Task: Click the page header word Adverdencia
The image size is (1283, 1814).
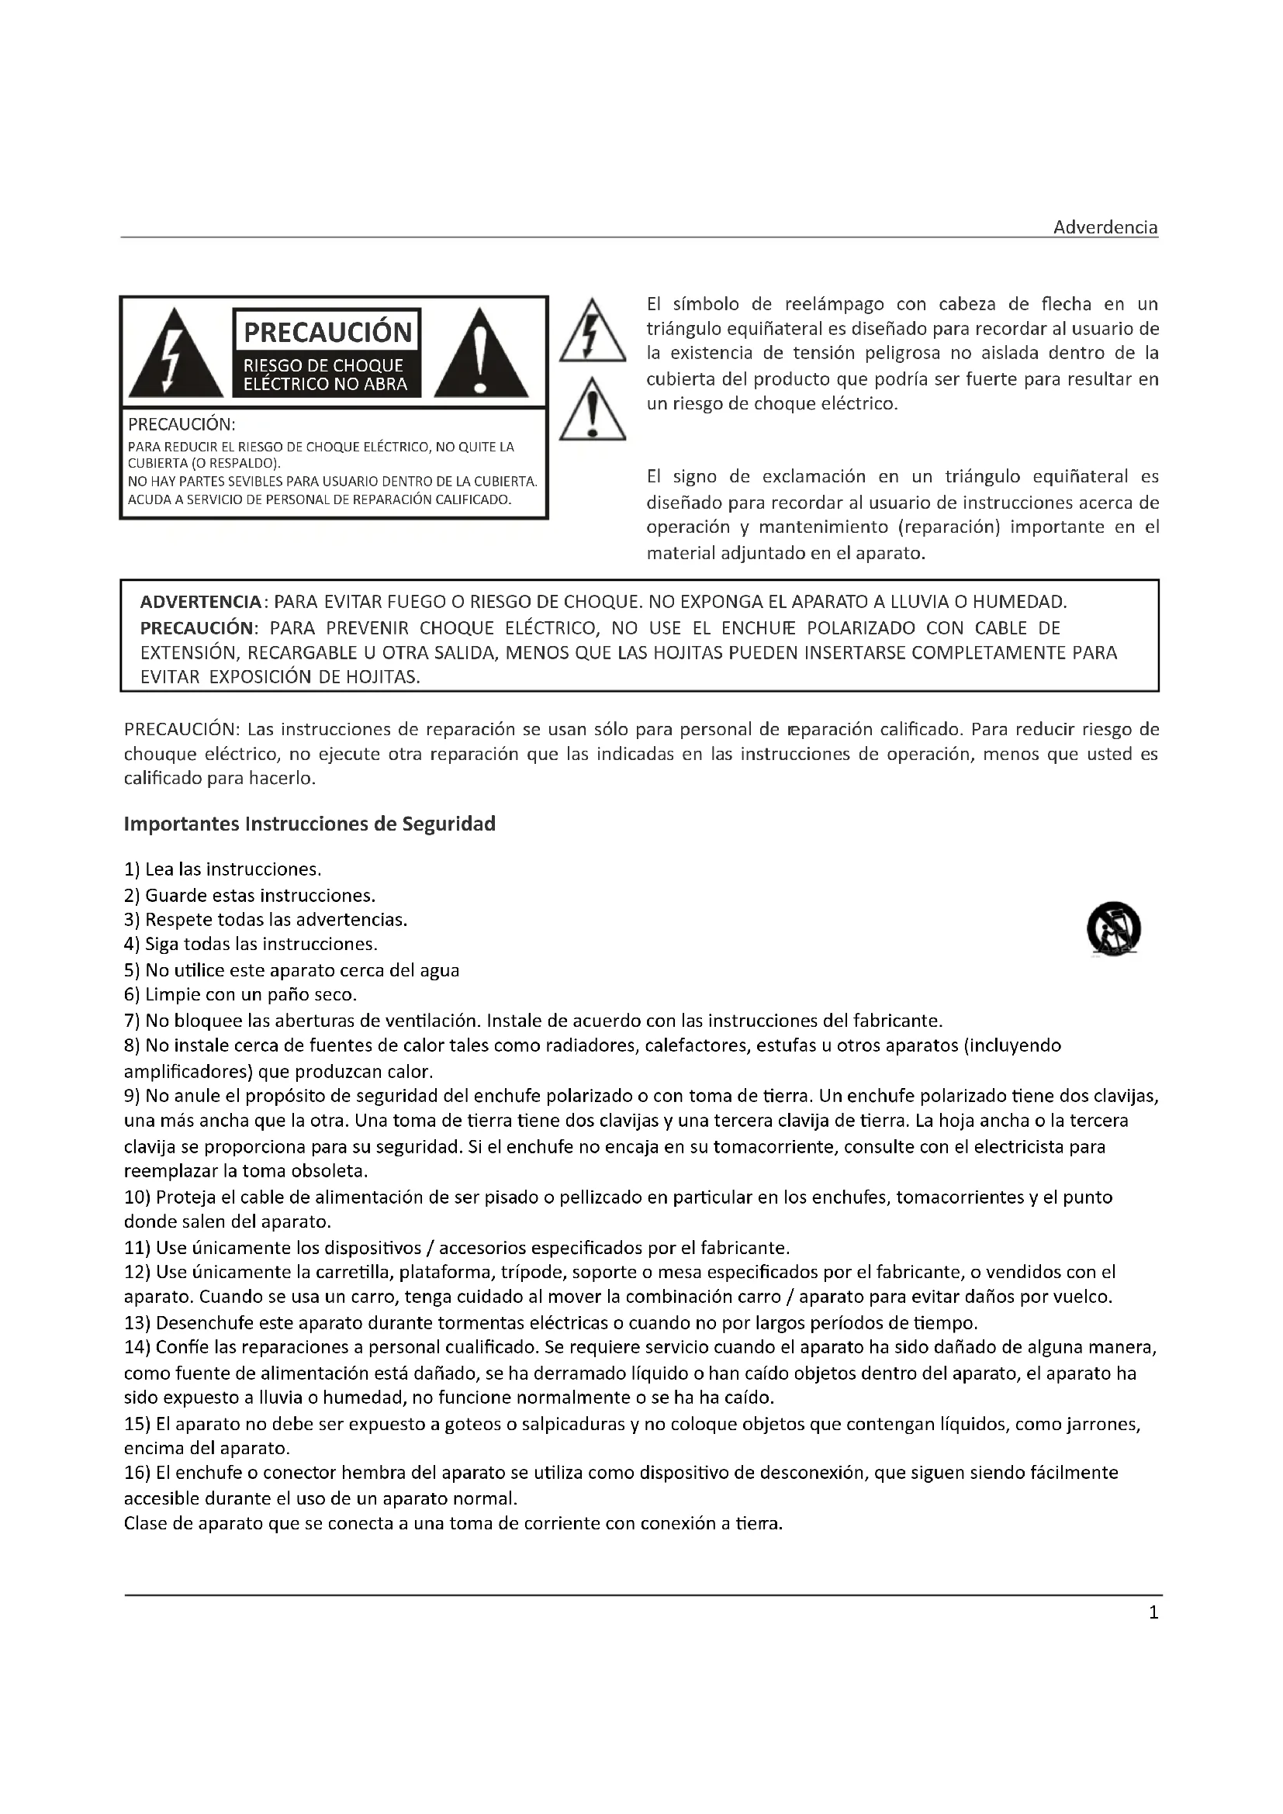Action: tap(1105, 227)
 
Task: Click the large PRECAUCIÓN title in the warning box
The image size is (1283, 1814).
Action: tap(327, 332)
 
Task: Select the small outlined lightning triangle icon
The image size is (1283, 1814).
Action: tap(592, 331)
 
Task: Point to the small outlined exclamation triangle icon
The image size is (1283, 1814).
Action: tap(592, 411)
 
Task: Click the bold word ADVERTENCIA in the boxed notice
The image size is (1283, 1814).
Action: tap(201, 602)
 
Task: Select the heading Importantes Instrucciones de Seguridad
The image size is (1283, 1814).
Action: tap(310, 824)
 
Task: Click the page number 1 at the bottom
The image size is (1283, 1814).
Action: tap(1153, 1613)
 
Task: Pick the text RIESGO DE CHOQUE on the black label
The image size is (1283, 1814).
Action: tap(323, 366)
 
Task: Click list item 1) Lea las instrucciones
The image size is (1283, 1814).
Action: tap(223, 870)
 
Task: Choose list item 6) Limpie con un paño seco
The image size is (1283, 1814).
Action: tap(240, 995)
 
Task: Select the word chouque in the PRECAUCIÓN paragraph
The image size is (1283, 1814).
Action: tap(154, 754)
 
